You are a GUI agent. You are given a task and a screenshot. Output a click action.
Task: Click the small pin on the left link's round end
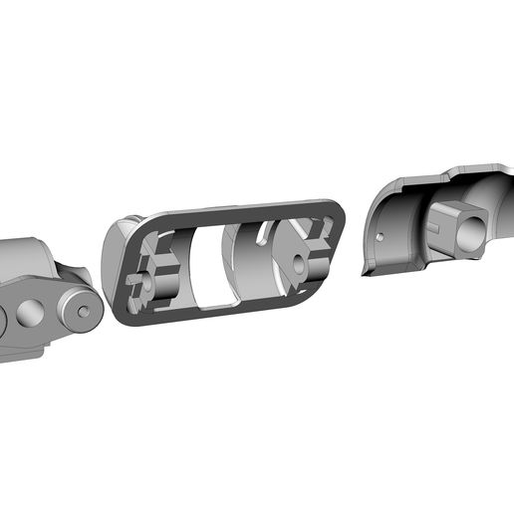(84, 311)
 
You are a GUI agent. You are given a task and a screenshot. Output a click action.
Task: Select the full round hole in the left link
(30, 315)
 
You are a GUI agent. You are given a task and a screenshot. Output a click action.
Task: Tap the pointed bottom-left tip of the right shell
(366, 275)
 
